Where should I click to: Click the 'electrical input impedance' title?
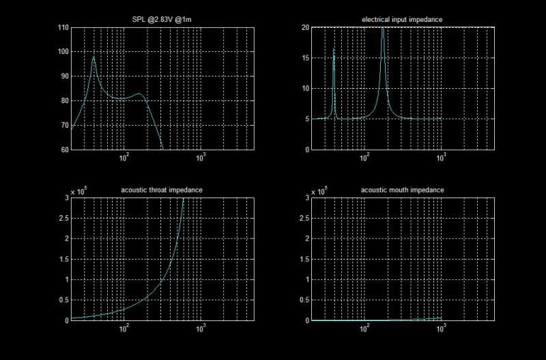(x=401, y=20)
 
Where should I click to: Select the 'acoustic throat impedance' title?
(x=161, y=190)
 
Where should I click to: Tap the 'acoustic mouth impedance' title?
(x=401, y=190)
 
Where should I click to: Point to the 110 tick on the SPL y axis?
(x=63, y=27)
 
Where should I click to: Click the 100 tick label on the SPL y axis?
(x=63, y=52)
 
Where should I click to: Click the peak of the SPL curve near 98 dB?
(x=94, y=57)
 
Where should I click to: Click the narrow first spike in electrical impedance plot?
(x=334, y=50)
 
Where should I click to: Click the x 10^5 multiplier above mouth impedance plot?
(x=320, y=192)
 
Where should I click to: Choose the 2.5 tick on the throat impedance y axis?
(x=63, y=218)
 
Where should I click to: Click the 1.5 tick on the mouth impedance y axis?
(x=304, y=259)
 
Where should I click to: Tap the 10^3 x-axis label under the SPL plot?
(x=201, y=158)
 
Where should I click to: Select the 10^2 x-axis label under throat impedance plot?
(x=124, y=329)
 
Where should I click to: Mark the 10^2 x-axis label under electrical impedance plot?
(x=364, y=158)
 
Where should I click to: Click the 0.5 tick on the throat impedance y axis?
(x=63, y=300)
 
